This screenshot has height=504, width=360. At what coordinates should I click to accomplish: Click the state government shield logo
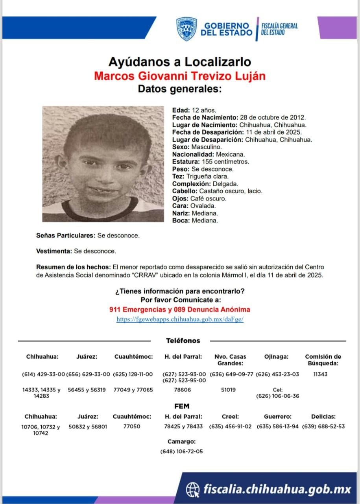(186, 29)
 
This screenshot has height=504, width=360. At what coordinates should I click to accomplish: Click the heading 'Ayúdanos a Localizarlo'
(179, 62)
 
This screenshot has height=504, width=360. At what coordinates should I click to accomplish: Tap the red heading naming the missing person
(179, 75)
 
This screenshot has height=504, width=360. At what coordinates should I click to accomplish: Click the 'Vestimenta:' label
(54, 251)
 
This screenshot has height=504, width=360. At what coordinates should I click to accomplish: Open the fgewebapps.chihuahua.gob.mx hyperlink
(180, 320)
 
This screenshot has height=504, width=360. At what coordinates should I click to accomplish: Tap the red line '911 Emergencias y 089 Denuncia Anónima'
(180, 309)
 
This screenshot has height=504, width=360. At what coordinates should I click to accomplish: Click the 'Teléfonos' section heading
(183, 341)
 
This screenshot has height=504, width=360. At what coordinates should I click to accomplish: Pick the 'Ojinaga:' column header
(277, 357)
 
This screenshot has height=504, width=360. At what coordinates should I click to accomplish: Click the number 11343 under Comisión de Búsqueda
(320, 374)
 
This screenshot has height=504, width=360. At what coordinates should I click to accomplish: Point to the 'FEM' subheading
(182, 406)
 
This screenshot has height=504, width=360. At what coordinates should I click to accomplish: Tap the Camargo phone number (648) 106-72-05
(182, 451)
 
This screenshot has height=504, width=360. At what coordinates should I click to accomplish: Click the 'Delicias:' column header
(323, 416)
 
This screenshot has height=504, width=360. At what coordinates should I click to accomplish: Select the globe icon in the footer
(193, 489)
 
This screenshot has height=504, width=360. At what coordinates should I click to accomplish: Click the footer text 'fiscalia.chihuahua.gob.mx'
(277, 489)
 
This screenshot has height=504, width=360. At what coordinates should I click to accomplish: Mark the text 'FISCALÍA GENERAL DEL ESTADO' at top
(279, 29)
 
